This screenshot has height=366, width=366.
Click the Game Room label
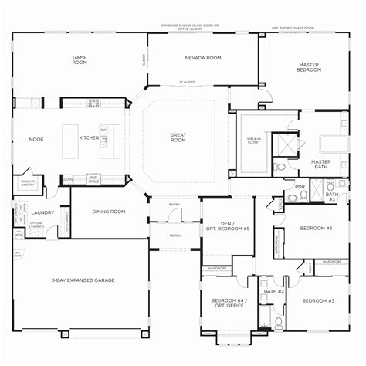pyautogui.click(x=79, y=59)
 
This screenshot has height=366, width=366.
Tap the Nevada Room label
pyautogui.click(x=203, y=58)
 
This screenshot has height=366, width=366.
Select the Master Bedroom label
pyautogui.click(x=309, y=67)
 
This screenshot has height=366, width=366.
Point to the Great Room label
pyautogui.click(x=178, y=137)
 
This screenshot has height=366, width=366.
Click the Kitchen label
pyautogui.click(x=90, y=138)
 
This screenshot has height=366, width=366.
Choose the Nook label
pyautogui.click(x=36, y=139)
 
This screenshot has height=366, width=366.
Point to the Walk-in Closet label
pyautogui.click(x=252, y=141)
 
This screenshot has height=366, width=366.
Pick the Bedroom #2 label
pyautogui.click(x=317, y=229)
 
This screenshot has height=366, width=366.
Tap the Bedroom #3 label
pyautogui.click(x=317, y=300)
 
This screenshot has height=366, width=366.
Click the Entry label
pyautogui.click(x=175, y=205)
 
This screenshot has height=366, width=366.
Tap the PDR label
pyautogui.click(x=299, y=186)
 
